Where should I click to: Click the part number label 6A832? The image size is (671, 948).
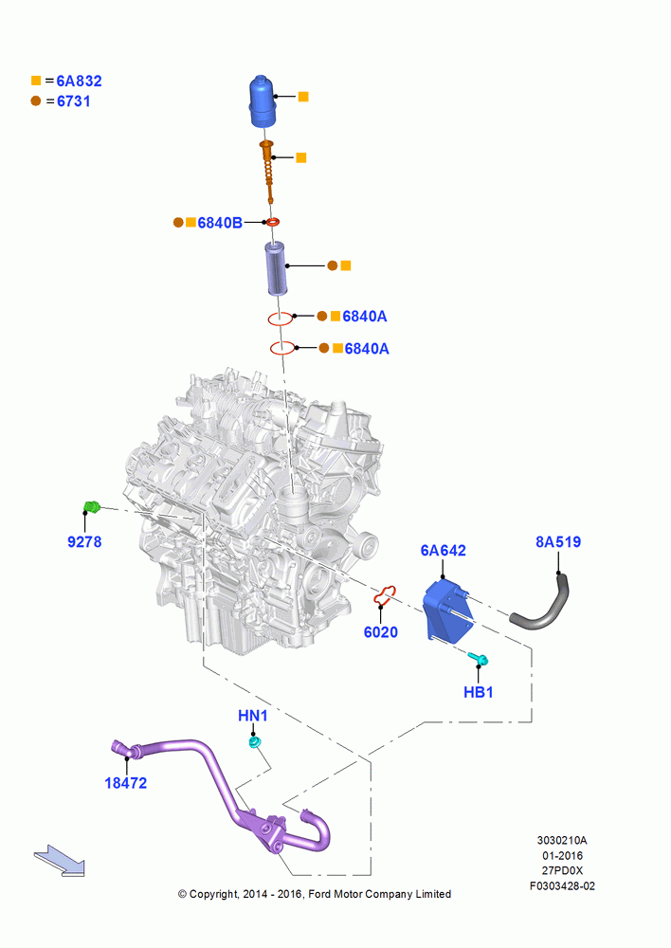tap(79, 81)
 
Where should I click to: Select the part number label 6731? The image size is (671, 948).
tap(74, 101)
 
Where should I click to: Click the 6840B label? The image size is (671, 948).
tap(220, 223)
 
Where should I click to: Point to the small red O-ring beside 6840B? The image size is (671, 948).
tap(273, 223)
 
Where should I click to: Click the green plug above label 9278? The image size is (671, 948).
tap(91, 506)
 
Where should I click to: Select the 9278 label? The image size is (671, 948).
tap(84, 541)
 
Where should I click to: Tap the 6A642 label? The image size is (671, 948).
tap(444, 551)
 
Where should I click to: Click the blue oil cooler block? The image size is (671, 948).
tap(446, 609)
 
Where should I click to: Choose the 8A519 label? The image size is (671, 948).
tap(558, 541)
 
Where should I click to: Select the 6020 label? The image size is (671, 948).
tap(381, 632)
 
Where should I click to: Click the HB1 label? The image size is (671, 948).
tap(479, 692)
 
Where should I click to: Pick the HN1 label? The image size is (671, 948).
tap(253, 716)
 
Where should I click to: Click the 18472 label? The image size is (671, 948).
tap(126, 783)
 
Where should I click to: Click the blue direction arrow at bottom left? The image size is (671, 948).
tap(60, 861)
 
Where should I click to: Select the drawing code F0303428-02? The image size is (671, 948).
tap(562, 886)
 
